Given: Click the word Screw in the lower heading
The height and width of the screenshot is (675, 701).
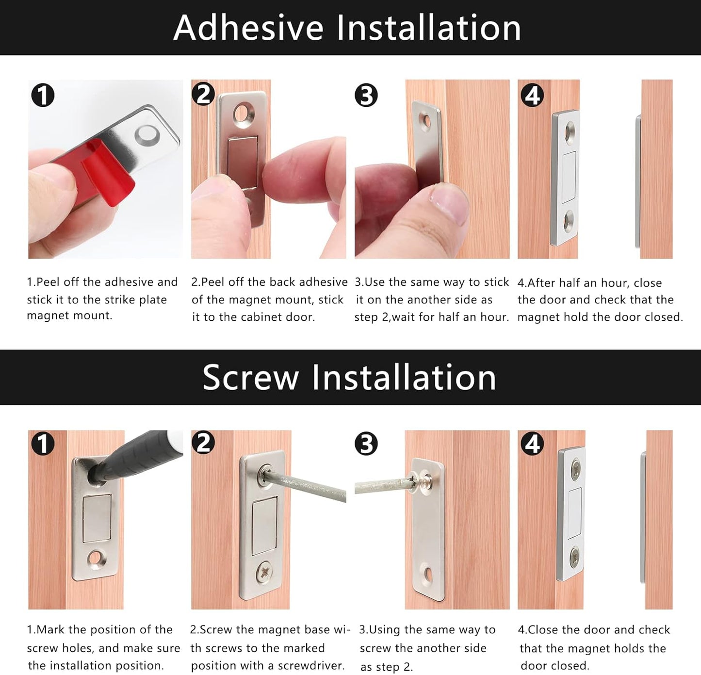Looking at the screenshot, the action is click(x=251, y=378).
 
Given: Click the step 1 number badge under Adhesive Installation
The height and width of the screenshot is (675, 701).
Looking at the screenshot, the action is click(x=43, y=96).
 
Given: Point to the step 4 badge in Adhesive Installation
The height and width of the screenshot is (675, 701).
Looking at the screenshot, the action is click(x=532, y=96).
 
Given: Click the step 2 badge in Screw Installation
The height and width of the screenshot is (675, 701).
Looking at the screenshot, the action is click(x=203, y=444).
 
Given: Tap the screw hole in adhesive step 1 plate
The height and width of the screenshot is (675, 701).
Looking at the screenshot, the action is click(x=147, y=135).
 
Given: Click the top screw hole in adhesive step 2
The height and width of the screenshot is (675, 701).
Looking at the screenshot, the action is click(x=244, y=113).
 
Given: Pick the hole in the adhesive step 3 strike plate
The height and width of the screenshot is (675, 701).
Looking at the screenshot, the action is click(x=426, y=121).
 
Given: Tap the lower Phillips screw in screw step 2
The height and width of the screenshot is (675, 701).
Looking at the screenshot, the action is click(x=266, y=573).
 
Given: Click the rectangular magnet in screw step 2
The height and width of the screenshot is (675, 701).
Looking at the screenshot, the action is click(x=264, y=526).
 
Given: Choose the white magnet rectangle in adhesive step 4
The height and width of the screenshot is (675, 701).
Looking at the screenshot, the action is click(x=569, y=177).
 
